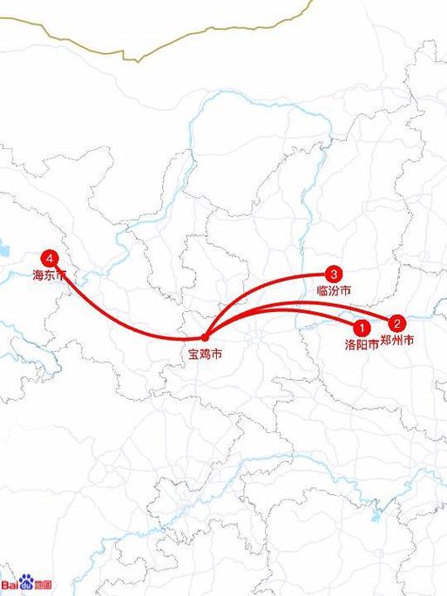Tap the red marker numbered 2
396,322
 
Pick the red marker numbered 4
50,259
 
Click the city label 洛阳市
362,344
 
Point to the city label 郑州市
397,338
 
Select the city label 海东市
50,275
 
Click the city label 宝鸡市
205,354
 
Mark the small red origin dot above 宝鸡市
205,337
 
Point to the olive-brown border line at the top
174,44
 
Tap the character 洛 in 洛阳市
350,344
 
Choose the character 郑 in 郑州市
386,338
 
